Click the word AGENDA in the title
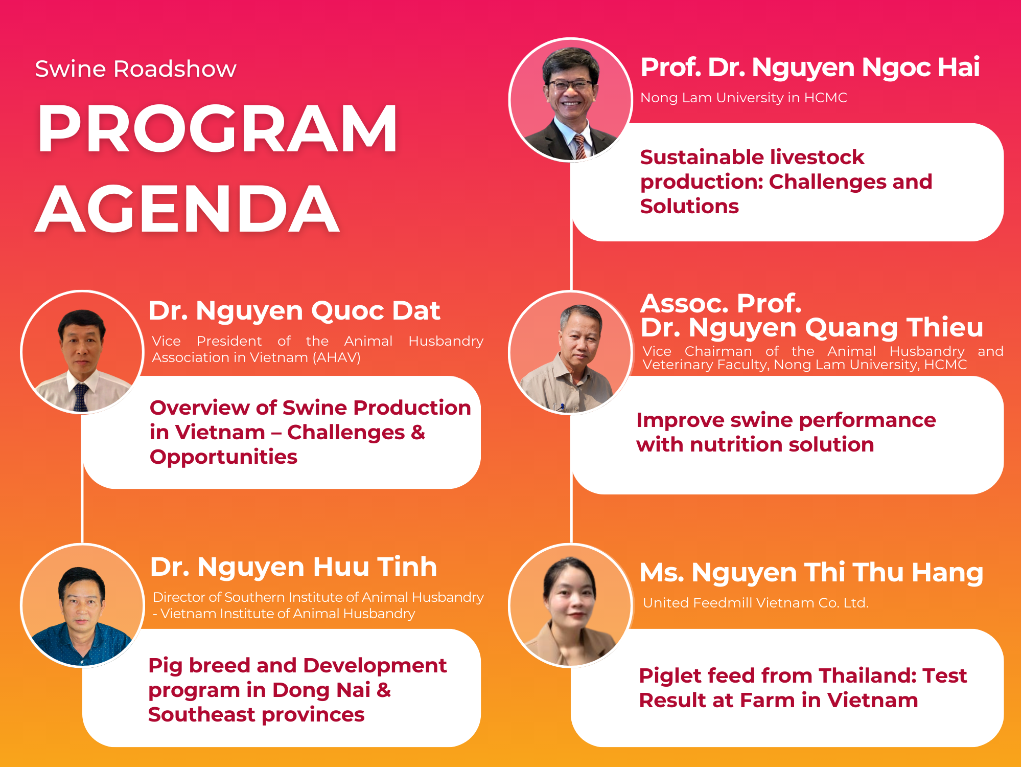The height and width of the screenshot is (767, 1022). click(x=188, y=209)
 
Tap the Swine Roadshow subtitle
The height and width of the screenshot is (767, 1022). click(x=135, y=69)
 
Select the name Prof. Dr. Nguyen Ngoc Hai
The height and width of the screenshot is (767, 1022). click(x=810, y=68)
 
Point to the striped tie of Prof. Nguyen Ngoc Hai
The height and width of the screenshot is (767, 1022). click(x=580, y=146)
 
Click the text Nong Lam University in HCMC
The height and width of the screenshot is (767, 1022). click(x=744, y=98)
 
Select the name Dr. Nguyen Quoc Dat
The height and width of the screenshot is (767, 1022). click(x=294, y=311)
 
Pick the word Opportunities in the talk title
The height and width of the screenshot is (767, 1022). click(x=223, y=457)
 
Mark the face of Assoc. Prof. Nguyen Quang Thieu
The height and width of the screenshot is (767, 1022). click(x=580, y=335)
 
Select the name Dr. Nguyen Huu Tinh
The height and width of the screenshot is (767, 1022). click(x=293, y=567)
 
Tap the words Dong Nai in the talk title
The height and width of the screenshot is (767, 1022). click(x=321, y=690)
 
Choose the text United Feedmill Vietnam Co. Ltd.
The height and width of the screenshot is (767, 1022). click(x=756, y=603)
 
